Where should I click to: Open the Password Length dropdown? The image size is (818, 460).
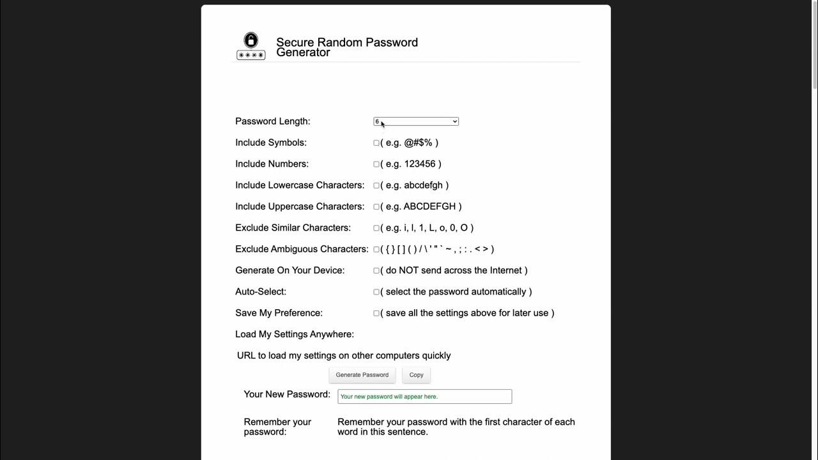click(415, 121)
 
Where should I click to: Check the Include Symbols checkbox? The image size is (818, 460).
click(376, 143)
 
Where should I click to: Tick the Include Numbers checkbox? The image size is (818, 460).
click(376, 164)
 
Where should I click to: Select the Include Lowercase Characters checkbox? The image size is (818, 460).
click(376, 185)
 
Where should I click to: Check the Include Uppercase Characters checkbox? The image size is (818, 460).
click(376, 207)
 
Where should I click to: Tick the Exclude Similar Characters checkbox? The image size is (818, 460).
click(376, 228)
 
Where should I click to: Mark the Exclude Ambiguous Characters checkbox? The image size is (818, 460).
click(376, 249)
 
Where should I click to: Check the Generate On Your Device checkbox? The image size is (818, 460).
click(376, 271)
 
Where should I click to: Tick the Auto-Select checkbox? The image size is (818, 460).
click(376, 292)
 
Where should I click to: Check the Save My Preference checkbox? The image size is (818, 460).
click(376, 313)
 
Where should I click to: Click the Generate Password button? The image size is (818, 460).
click(362, 375)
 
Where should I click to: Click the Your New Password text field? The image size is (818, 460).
click(424, 397)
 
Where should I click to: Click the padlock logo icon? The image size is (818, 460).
click(251, 47)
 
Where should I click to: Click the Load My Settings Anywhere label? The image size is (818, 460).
click(294, 334)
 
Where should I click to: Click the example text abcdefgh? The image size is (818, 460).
click(423, 185)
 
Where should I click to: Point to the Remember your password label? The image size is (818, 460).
click(277, 427)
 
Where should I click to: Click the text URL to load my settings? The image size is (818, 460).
click(344, 355)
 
